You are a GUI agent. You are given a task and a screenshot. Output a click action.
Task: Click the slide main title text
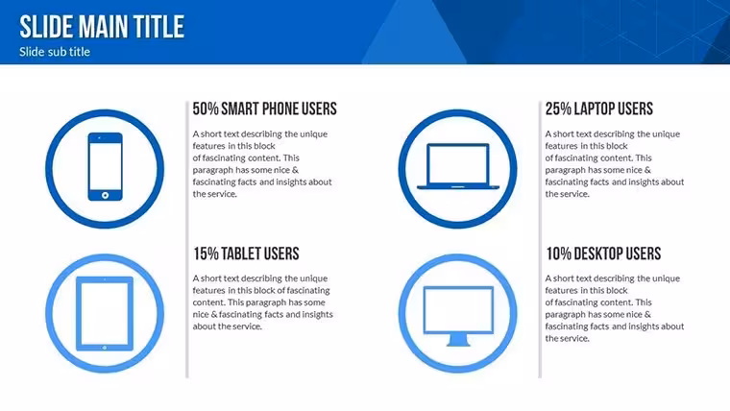click(x=102, y=27)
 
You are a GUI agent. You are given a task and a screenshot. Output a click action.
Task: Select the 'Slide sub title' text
click(x=55, y=52)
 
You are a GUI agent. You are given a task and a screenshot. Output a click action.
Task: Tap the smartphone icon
click(x=106, y=167)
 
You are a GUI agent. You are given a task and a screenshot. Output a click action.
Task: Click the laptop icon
click(x=458, y=166)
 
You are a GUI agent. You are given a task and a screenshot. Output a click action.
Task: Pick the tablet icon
click(x=105, y=313)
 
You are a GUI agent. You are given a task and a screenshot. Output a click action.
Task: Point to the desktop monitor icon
click(x=458, y=316)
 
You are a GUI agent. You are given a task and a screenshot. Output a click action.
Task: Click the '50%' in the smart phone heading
click(x=206, y=109)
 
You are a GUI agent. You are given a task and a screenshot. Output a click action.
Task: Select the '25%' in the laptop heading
click(x=558, y=109)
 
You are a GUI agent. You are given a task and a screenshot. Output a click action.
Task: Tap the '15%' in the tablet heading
click(x=206, y=254)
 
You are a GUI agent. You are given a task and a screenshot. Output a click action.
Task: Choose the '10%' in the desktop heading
click(x=558, y=254)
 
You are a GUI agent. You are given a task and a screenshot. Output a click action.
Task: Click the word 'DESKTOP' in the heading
click(x=598, y=254)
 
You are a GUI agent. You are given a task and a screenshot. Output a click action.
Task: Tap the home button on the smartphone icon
click(x=106, y=195)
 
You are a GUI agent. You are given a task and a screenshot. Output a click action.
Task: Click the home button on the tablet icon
click(x=105, y=348)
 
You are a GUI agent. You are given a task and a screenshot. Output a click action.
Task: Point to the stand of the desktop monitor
click(x=458, y=340)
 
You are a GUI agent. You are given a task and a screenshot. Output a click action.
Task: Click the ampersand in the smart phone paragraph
click(x=295, y=170)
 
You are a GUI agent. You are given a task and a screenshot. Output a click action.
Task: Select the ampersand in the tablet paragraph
click(x=213, y=314)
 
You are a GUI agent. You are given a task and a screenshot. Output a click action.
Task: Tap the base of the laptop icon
click(x=458, y=187)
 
